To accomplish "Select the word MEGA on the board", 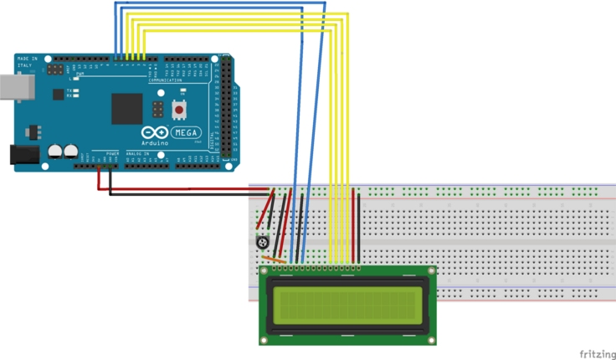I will point(186,132).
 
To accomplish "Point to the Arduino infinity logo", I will point(155,132).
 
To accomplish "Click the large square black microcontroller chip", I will point(127,108).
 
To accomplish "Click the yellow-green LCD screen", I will point(347,305).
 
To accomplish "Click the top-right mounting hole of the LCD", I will point(430,270).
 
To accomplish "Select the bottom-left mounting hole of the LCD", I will point(265,340).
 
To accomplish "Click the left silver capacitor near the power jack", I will point(55,152).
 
